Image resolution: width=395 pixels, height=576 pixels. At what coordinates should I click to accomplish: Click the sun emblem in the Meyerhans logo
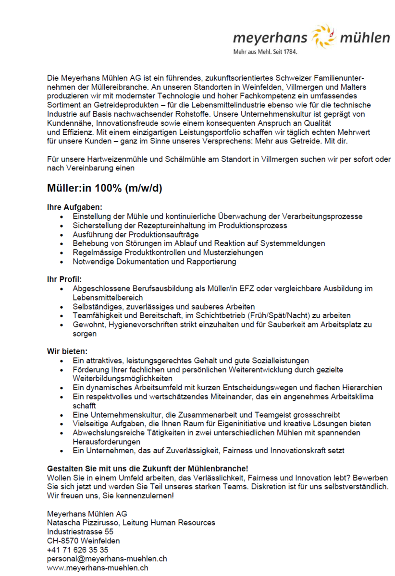(x=322, y=37)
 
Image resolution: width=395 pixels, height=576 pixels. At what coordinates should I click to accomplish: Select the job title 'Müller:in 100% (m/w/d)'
(x=104, y=188)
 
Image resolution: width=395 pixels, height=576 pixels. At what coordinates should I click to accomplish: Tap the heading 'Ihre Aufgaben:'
(x=74, y=207)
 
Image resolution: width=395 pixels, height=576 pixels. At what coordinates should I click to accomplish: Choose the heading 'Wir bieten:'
(x=67, y=351)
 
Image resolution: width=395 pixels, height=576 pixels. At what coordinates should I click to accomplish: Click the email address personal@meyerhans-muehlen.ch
(x=107, y=559)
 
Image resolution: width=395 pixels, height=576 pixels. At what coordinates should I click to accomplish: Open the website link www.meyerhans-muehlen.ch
(x=97, y=568)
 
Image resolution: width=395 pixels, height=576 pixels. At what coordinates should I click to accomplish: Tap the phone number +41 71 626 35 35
(x=77, y=550)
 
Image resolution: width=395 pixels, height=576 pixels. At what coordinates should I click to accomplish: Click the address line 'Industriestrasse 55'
(x=80, y=531)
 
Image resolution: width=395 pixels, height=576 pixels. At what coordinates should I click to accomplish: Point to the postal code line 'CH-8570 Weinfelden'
(x=83, y=540)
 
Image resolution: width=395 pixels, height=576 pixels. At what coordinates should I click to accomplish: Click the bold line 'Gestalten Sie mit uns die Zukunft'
(x=148, y=468)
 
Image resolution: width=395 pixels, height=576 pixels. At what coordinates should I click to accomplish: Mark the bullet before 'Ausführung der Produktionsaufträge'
(x=62, y=235)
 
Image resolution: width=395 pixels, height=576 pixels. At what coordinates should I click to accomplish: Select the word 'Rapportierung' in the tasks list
(x=212, y=262)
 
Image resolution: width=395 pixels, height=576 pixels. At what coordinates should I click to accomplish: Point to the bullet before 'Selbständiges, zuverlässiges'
(x=62, y=307)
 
